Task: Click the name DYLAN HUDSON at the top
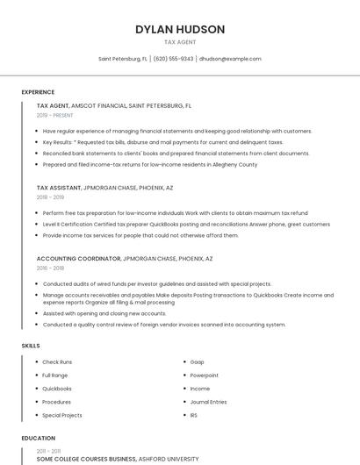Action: [180, 29]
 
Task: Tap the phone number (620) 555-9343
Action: [174, 59]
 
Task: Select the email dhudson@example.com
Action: [230, 59]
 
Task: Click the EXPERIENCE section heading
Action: [38, 92]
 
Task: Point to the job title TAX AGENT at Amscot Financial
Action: [53, 105]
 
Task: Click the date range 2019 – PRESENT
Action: [54, 115]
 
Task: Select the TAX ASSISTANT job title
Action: [59, 188]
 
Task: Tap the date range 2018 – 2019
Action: [51, 197]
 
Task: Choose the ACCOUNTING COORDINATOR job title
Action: [78, 259]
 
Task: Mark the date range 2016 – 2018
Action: [51, 268]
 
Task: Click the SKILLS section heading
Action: [31, 346]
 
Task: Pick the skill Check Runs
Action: [57, 362]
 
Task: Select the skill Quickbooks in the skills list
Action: [57, 389]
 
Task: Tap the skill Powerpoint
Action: [205, 376]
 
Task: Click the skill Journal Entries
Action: [208, 402]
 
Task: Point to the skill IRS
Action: [195, 415]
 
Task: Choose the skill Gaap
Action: [198, 362]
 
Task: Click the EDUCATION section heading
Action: [39, 438]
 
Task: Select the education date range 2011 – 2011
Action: [49, 450]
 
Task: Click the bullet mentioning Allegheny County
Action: [149, 164]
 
